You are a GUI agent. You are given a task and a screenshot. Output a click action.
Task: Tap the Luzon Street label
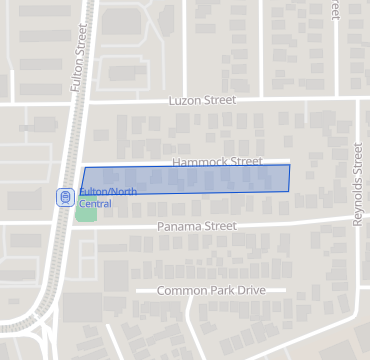click(202, 101)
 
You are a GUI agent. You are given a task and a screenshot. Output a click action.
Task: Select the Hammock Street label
click(217, 161)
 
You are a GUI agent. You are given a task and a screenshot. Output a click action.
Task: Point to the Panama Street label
click(197, 227)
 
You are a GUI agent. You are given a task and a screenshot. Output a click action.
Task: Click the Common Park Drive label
click(211, 290)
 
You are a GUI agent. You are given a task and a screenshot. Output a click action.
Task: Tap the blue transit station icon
click(65, 197)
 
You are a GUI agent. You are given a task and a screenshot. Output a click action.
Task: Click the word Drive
click(250, 290)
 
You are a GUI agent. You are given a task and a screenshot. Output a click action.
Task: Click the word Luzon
click(186, 101)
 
